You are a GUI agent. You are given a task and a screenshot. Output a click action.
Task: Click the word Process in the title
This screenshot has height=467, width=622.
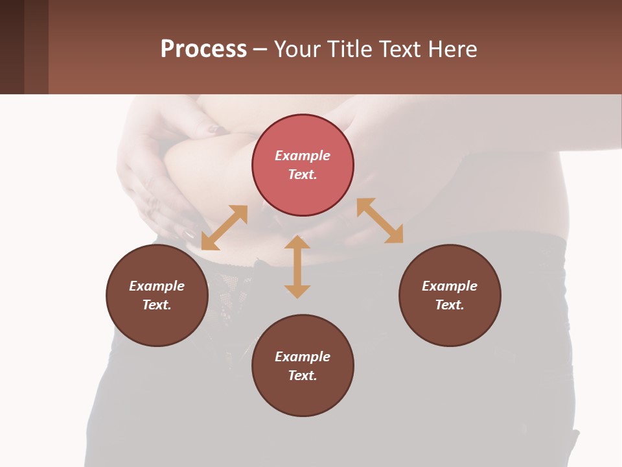[203, 49]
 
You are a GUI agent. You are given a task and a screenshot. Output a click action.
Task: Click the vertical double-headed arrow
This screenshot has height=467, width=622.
[297, 267]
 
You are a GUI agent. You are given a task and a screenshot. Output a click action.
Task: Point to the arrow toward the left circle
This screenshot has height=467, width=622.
[224, 228]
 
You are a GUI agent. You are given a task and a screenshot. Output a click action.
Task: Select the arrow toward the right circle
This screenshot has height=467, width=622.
[380, 221]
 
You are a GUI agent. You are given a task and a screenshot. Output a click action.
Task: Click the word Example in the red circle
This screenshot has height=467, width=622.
[303, 156]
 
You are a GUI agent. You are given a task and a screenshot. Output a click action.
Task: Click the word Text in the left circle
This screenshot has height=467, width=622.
[157, 305]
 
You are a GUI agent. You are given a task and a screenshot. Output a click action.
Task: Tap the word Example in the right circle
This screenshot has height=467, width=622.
[450, 286]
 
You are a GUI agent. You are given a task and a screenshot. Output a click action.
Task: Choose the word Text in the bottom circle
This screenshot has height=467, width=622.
[303, 376]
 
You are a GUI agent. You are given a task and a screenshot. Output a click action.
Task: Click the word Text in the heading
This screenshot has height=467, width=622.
[400, 49]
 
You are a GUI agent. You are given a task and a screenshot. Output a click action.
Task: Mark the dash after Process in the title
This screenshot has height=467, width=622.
[260, 49]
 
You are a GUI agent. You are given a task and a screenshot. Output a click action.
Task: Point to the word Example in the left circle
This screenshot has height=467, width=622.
[157, 286]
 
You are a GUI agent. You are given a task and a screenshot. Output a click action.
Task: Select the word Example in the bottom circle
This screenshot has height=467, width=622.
[303, 357]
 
